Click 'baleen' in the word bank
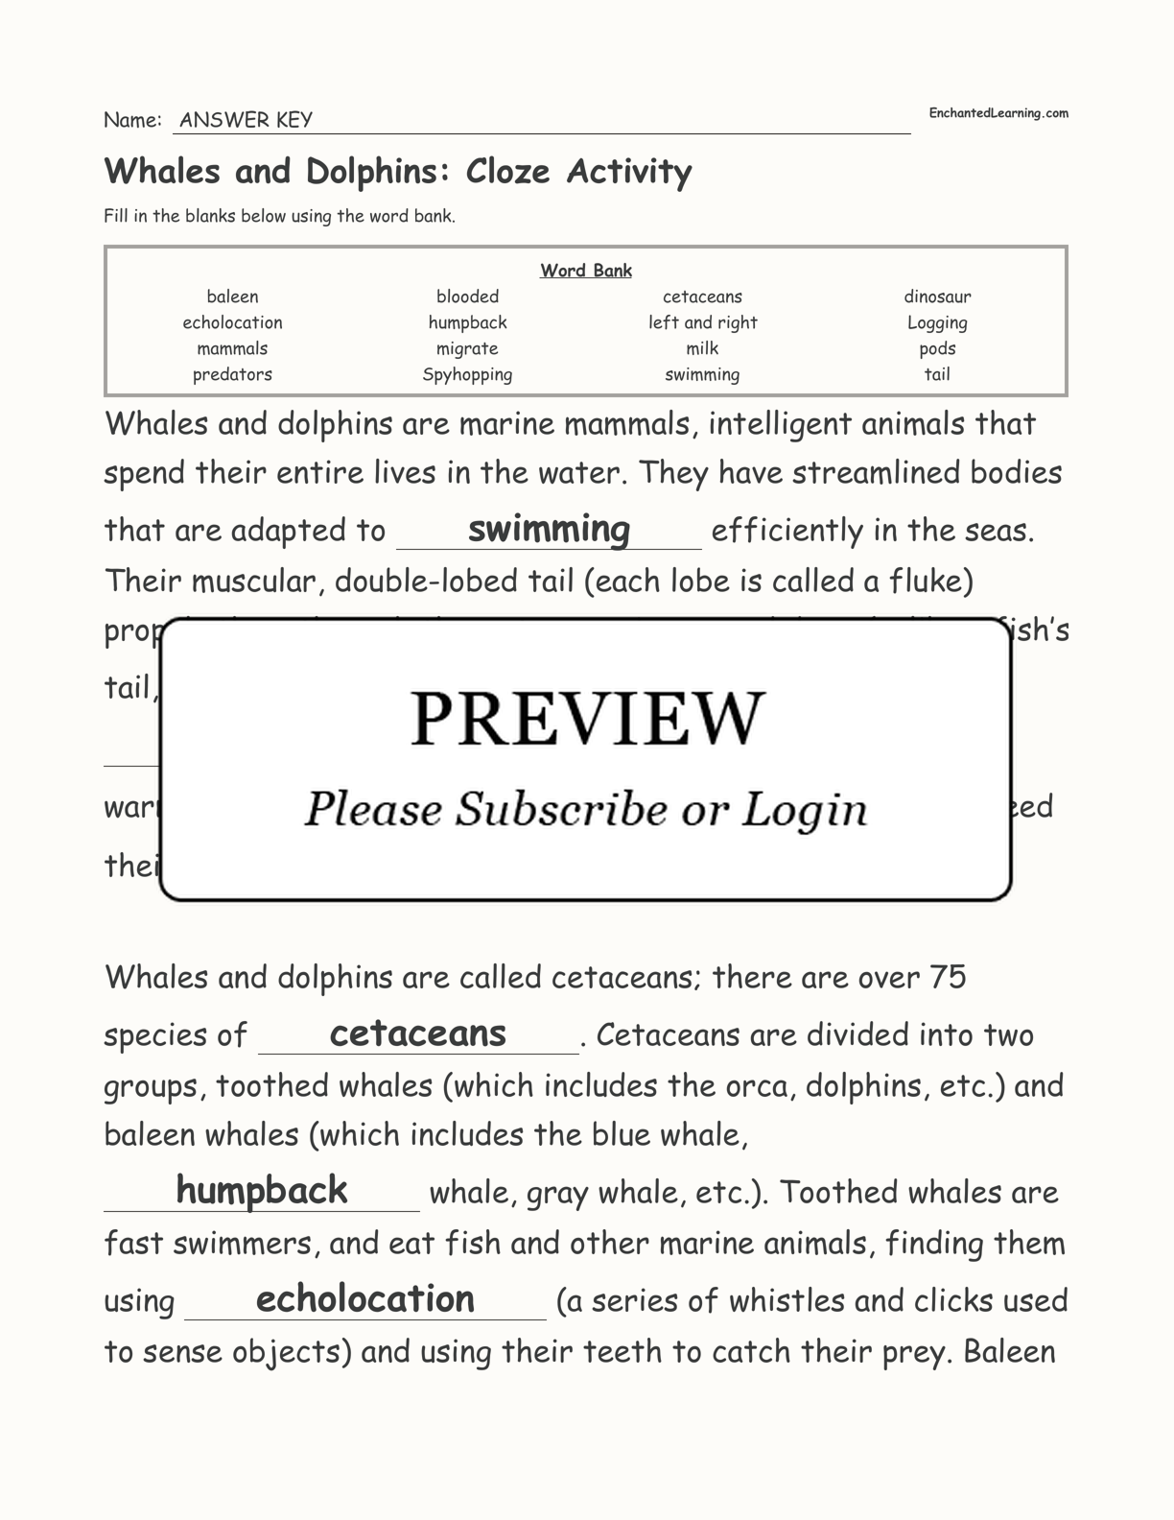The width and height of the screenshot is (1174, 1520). (232, 297)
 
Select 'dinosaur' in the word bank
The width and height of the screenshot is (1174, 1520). (937, 297)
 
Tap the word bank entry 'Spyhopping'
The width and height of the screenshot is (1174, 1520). (467, 374)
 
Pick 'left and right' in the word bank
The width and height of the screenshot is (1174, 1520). (702, 322)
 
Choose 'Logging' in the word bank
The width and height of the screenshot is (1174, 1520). (937, 323)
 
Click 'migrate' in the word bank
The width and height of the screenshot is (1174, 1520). (467, 348)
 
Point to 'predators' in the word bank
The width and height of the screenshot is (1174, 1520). (232, 374)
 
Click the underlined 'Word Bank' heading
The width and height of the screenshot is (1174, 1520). (585, 271)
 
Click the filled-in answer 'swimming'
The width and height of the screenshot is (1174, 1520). (549, 529)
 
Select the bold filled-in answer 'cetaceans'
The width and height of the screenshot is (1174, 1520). (417, 1033)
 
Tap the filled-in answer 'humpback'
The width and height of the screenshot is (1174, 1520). (261, 1191)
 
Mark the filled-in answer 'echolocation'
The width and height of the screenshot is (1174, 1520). (364, 1299)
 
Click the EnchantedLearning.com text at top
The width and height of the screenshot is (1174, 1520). (998, 113)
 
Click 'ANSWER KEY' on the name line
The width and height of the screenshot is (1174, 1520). (246, 120)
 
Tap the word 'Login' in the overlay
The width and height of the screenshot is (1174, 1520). (804, 810)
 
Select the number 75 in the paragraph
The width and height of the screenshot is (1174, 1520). (948, 977)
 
